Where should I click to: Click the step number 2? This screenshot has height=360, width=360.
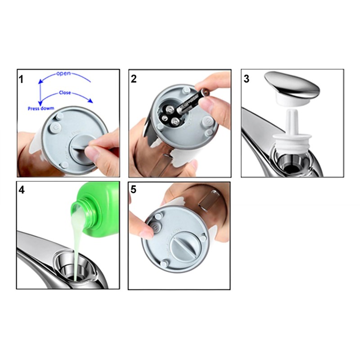[x=134, y=80]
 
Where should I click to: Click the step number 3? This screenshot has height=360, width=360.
[x=246, y=79]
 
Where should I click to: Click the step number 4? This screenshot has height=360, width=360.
[x=22, y=190]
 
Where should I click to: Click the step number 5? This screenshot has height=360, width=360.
[x=133, y=190]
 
